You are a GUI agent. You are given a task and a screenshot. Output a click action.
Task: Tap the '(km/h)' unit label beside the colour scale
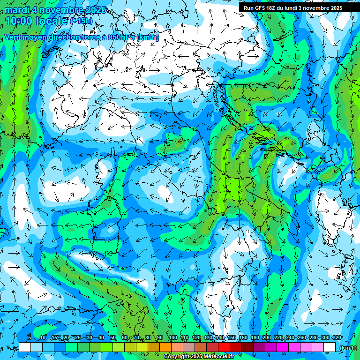point(348,348)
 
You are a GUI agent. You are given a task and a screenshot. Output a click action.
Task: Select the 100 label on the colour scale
point(172,338)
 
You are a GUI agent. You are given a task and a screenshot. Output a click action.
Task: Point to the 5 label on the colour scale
point(29,338)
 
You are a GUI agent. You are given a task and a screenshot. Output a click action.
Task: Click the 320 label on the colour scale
point(337,338)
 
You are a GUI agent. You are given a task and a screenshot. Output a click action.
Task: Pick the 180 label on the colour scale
point(255,338)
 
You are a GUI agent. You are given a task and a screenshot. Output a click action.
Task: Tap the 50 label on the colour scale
point(113,338)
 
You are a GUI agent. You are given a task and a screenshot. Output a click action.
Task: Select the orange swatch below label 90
point(165,347)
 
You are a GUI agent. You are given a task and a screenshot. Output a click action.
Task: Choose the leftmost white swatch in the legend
point(25,347)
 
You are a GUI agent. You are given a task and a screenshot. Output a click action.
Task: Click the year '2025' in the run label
point(335,8)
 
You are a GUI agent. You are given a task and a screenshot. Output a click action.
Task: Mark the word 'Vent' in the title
point(14,37)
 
